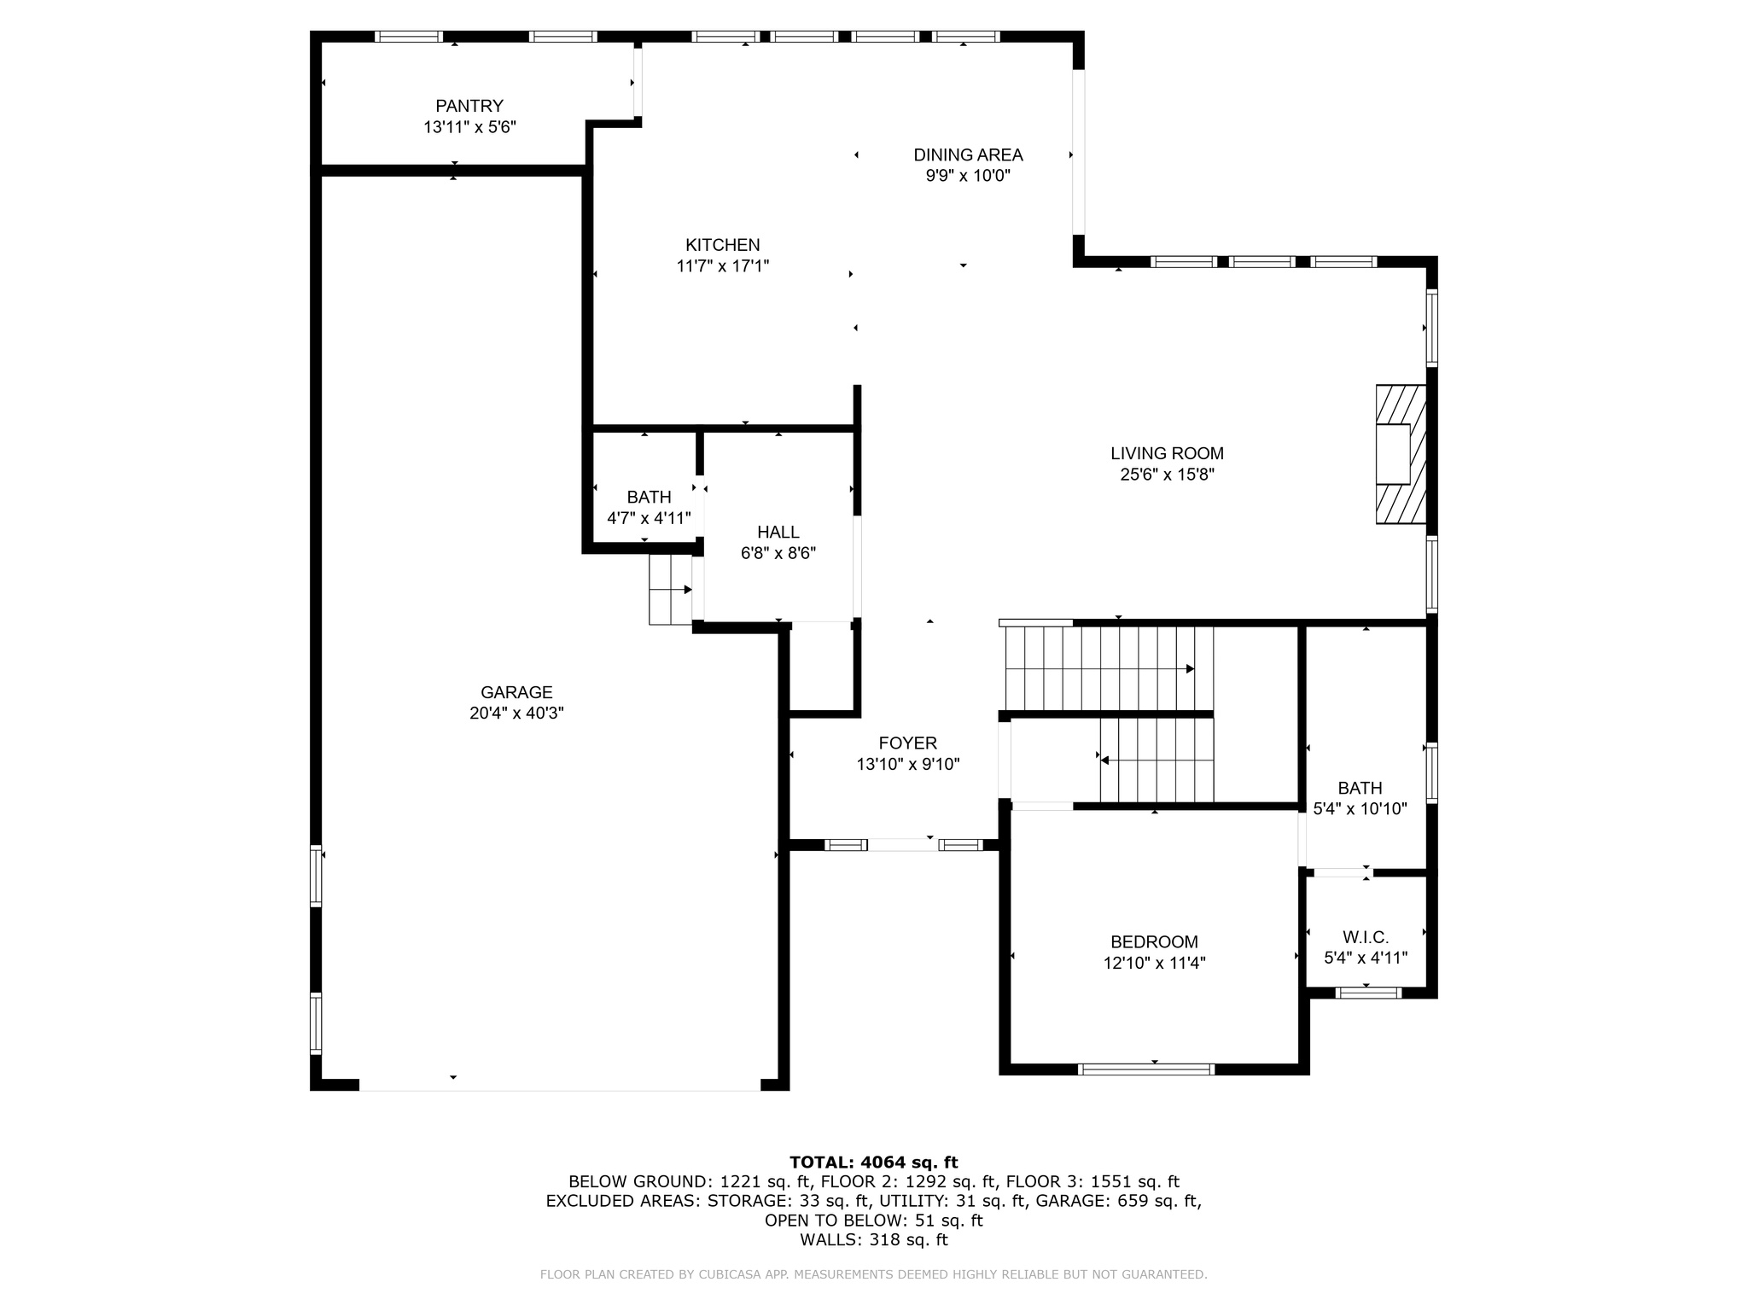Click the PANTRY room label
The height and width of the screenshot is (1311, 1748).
pos(469,107)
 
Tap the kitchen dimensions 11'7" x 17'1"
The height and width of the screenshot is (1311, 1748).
pos(723,266)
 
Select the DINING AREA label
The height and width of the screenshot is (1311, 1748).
pos(968,155)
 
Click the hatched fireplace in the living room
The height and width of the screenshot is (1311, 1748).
pos(1401,454)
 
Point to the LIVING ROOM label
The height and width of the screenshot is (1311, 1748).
pos(1167,454)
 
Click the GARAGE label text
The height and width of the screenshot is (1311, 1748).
pos(516,693)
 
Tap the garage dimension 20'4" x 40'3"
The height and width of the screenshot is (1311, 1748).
pos(516,714)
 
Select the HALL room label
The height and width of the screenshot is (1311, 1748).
pos(778,533)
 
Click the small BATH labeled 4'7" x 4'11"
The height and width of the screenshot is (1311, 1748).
pos(649,498)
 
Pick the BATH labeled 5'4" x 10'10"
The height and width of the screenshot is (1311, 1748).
pos(1360,789)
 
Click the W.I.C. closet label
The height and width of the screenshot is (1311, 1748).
pos(1366,937)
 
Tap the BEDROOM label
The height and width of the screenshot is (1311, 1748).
pos(1154,942)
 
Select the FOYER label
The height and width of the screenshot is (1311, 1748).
pos(908,743)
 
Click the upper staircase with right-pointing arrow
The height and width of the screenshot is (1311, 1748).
pos(1110,668)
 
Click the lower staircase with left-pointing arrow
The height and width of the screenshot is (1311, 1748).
pos(1157,760)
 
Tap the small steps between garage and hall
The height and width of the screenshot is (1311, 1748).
pos(671,590)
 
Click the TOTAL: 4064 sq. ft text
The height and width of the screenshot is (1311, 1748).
pos(873,1162)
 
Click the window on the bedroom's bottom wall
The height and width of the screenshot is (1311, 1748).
pos(1146,1069)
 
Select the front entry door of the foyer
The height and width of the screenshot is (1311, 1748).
pos(903,845)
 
